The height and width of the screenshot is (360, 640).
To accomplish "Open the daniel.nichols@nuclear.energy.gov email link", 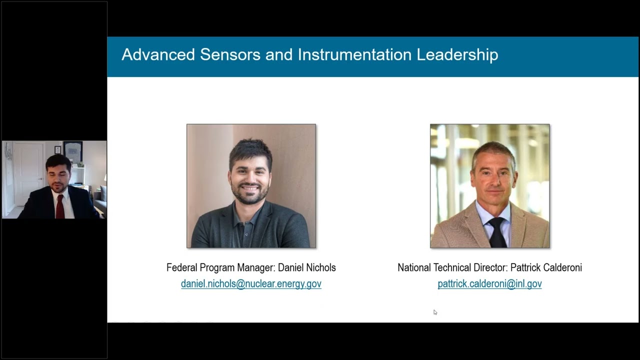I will (251, 284).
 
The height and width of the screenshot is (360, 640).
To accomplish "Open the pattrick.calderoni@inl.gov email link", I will (489, 284).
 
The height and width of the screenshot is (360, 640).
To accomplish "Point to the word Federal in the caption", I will (182, 268).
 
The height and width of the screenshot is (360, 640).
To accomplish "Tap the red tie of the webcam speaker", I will (60, 206).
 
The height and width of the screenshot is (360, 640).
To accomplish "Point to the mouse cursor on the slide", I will (435, 312).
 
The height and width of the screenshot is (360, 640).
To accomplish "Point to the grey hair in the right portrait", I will (492, 150).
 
